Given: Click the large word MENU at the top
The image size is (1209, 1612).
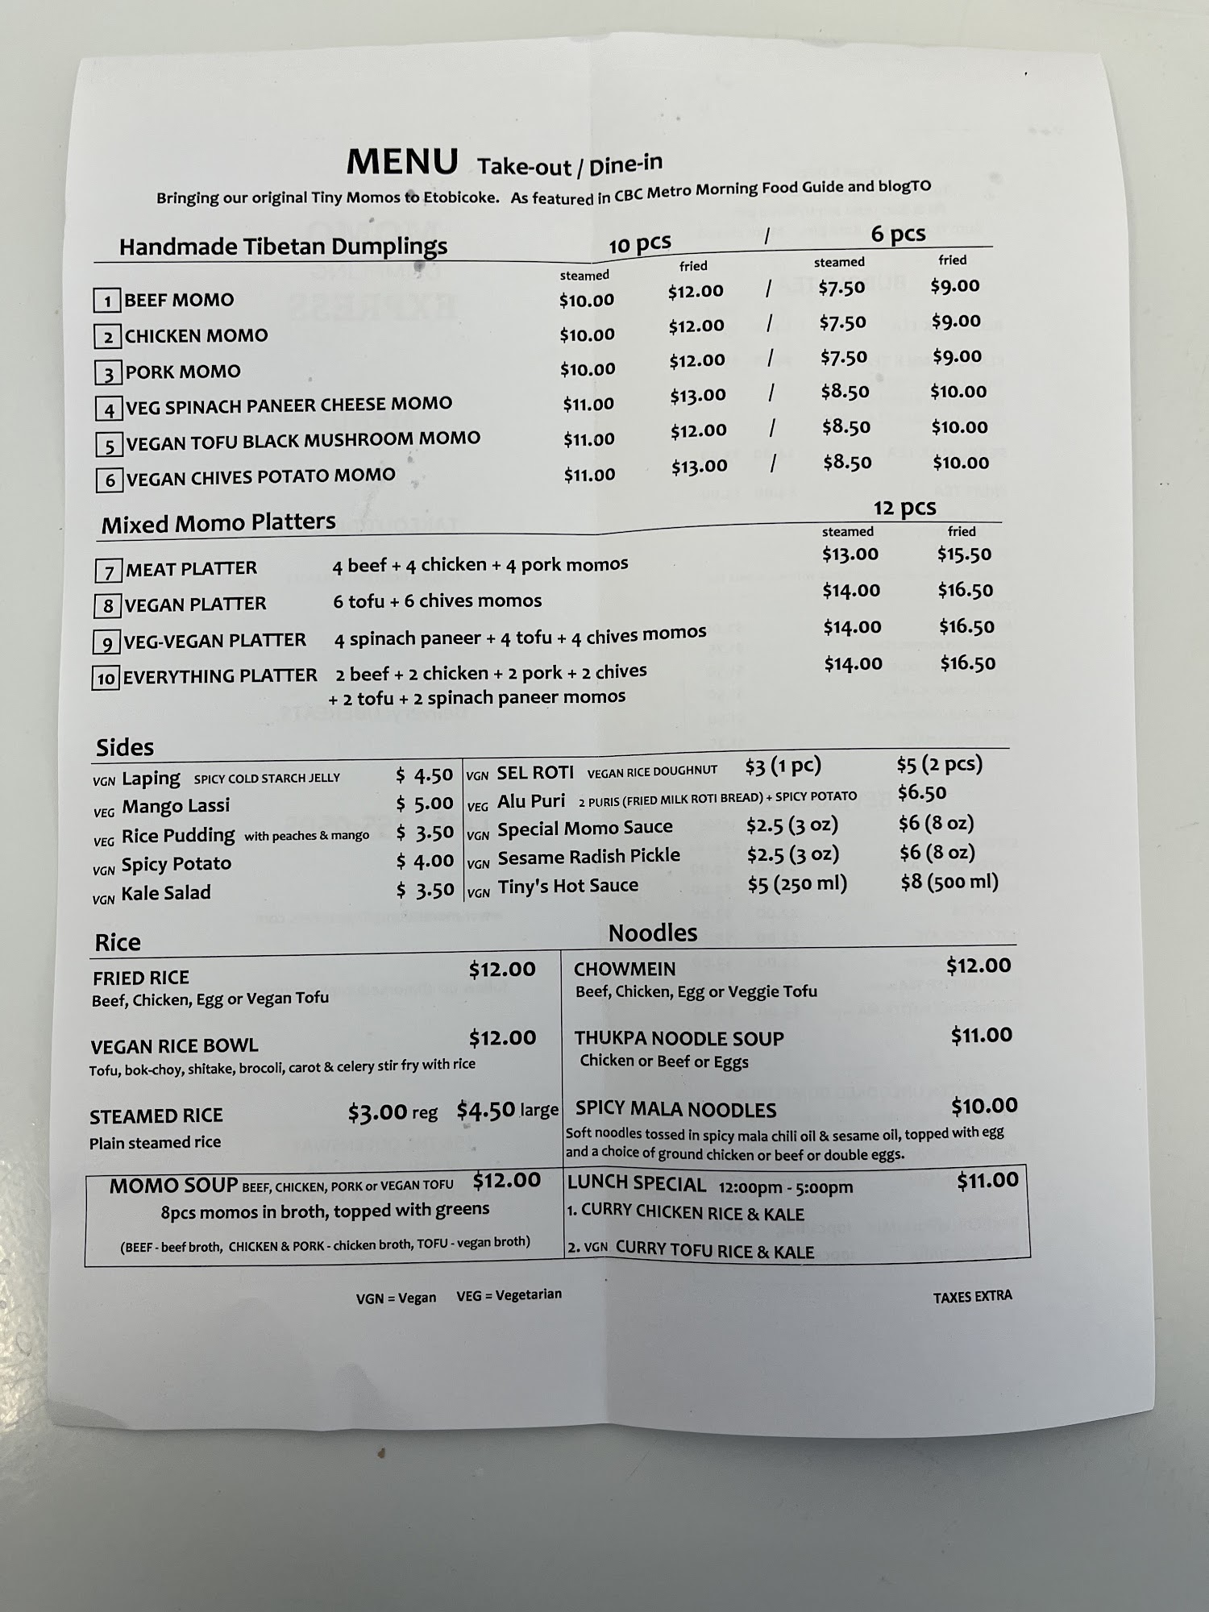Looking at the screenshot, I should [402, 162].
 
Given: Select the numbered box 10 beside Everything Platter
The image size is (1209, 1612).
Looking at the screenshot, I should [106, 678].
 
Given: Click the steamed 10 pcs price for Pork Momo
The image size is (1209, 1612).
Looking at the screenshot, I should [588, 369].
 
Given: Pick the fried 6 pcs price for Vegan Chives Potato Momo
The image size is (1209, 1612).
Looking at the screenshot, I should [961, 463].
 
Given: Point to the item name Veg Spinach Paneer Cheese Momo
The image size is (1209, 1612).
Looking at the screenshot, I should [289, 405].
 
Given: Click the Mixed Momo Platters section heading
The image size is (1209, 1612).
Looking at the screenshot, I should [218, 523].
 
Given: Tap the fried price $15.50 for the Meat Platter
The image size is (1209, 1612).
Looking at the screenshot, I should [964, 555].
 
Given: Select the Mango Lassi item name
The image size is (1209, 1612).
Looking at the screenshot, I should [176, 806].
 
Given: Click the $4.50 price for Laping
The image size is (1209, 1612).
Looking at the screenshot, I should [425, 775].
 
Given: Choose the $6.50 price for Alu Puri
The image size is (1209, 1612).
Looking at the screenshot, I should [922, 793].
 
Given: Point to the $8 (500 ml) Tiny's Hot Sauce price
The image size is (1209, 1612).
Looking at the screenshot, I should [949, 882].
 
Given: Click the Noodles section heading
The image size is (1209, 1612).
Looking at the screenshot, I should [652, 933].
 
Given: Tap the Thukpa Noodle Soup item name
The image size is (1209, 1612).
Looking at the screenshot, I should [679, 1038].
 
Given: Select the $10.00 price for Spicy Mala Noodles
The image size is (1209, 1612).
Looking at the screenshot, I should [984, 1106].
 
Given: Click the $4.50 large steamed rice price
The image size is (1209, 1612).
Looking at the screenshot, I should [486, 1111].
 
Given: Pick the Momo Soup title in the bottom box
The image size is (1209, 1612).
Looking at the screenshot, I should [173, 1186].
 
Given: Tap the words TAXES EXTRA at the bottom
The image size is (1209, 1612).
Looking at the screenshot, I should [972, 1297].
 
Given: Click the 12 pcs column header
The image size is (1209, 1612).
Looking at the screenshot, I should [904, 508].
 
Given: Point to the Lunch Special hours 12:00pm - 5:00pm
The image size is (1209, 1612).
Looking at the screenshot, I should [786, 1187].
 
